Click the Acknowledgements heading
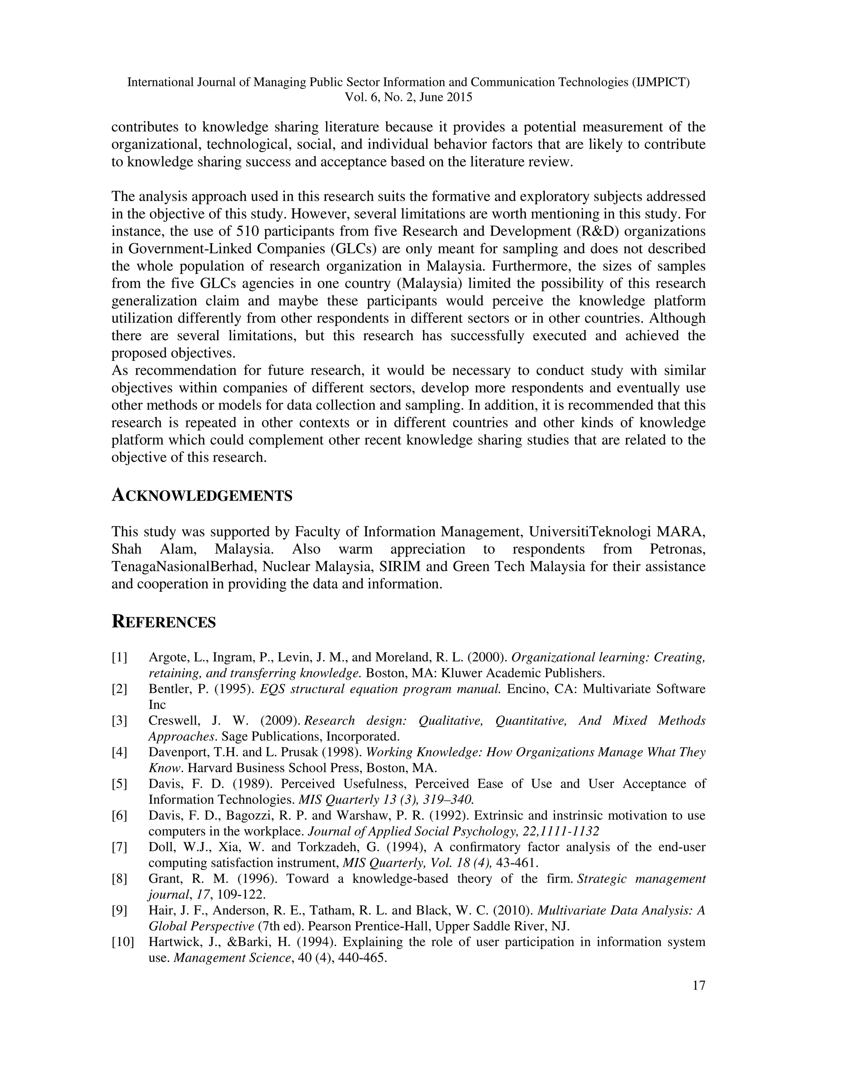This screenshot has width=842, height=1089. click(x=201, y=496)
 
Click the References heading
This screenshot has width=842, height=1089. click(x=164, y=622)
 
